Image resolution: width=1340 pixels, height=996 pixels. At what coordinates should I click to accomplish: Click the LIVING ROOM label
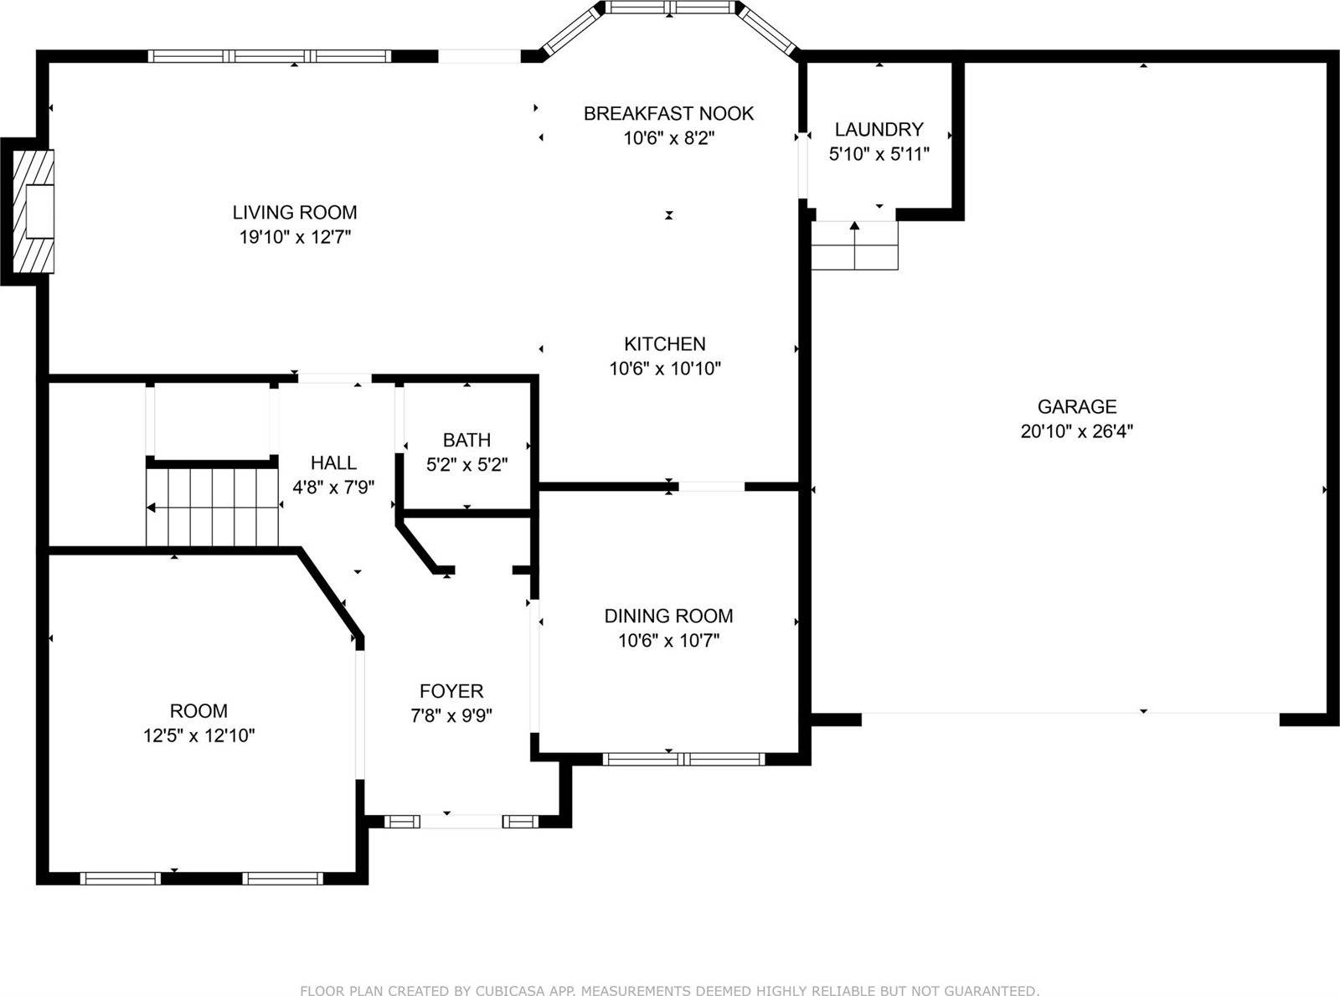[x=295, y=213]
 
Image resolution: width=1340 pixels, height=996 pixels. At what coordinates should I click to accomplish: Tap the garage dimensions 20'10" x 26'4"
[x=1076, y=431]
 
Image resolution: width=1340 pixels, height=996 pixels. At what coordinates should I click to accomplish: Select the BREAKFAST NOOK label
[x=668, y=113]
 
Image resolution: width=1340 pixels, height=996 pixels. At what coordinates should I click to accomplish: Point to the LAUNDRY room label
[x=879, y=129]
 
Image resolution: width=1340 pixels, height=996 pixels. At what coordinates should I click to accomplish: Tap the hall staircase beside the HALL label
[x=213, y=507]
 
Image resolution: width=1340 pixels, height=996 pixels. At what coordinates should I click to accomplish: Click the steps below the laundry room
[x=855, y=245]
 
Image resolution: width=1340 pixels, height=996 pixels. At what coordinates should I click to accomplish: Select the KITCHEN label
[x=665, y=343]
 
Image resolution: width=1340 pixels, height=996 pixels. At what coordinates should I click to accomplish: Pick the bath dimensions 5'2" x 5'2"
[x=466, y=464]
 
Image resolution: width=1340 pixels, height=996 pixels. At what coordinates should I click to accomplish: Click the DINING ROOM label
[x=668, y=616]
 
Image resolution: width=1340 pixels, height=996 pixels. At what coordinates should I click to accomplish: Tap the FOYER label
[x=451, y=691]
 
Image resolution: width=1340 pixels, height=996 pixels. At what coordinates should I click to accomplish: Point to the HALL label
[x=333, y=462]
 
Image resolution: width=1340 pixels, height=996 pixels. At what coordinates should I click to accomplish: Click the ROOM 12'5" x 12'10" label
[x=198, y=711]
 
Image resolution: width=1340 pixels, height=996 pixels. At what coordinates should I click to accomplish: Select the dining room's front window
[x=683, y=759]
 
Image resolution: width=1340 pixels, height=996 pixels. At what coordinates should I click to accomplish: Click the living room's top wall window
[x=270, y=56]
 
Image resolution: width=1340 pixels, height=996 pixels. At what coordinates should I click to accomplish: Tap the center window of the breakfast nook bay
[x=670, y=8]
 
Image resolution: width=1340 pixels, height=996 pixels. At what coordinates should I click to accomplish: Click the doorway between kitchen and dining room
[x=710, y=486]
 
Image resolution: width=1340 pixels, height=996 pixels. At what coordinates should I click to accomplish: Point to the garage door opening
[x=1070, y=714]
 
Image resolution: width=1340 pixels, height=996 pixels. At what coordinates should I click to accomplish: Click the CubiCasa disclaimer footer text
[x=669, y=990]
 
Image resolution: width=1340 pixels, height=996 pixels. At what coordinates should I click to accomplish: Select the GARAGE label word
[x=1076, y=407]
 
